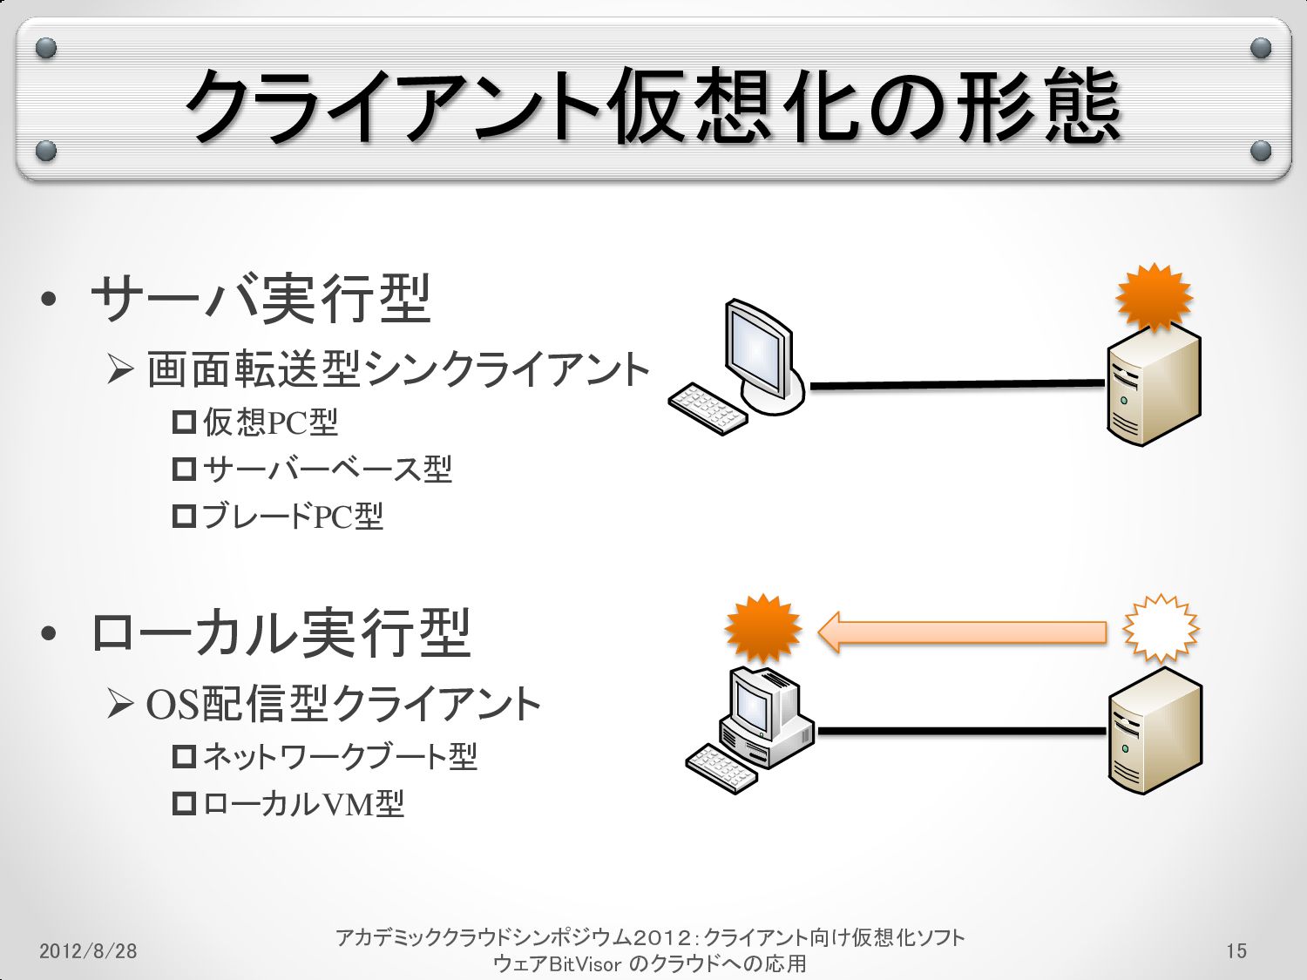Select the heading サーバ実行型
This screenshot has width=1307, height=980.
coord(261,298)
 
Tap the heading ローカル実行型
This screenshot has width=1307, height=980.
coord(281,632)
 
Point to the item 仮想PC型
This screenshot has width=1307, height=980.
coord(270,422)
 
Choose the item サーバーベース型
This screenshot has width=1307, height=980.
coord(327,470)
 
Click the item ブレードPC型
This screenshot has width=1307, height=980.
coord(292,517)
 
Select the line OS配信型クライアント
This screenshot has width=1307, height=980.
coord(343,704)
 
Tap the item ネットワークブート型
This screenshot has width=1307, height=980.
coord(340,756)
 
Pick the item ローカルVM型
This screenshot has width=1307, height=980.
coord(303,803)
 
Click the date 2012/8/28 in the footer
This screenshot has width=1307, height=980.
coord(88,950)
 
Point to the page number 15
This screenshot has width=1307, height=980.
coord(1236,950)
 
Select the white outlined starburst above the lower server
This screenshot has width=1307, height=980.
coord(1161,628)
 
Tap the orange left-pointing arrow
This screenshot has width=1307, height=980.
coord(962,632)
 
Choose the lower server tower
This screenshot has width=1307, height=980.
coord(1155,732)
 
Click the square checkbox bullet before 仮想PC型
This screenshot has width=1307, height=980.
coord(184,422)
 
